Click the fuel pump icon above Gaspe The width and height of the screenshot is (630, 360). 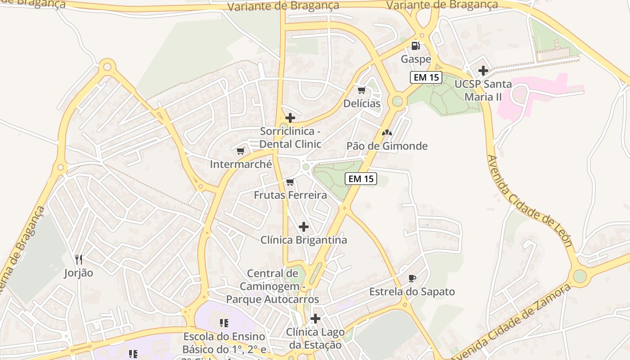pos(416,45)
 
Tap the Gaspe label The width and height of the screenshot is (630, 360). pos(416,59)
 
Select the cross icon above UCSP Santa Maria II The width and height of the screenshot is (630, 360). pos(483,71)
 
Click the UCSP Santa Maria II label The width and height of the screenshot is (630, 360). pos(483,90)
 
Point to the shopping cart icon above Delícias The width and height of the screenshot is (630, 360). pos(362,90)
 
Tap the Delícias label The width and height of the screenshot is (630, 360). pos(362,103)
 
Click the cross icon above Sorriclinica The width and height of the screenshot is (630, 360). pos(290,118)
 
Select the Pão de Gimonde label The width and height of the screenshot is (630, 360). pos(387,146)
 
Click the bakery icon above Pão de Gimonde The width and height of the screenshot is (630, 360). pos(387,133)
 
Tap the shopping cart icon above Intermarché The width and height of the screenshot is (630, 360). pos(241,151)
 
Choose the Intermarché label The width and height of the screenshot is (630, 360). pos(241,164)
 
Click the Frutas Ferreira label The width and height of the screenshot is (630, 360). pos(290,195)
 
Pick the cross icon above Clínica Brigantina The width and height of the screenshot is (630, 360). pos(304,227)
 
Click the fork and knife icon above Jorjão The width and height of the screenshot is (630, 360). pos(79,260)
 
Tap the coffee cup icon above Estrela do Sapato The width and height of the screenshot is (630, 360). pos(412,279)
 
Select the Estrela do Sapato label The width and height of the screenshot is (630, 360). pos(412,292)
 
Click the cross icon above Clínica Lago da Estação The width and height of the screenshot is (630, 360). pos(315,319)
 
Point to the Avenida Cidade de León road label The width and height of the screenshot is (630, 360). pos(529,201)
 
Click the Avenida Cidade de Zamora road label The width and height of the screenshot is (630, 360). pos(511,322)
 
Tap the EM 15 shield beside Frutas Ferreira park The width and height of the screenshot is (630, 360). pos(361,179)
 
